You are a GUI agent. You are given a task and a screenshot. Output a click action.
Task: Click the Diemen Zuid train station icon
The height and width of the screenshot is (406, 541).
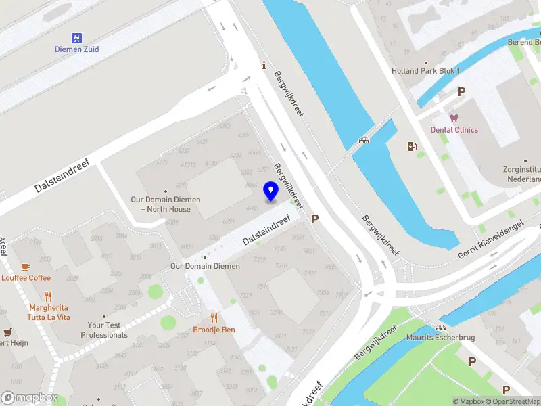[x=77, y=38]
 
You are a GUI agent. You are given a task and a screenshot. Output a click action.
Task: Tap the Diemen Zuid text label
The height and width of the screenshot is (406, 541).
[x=77, y=49]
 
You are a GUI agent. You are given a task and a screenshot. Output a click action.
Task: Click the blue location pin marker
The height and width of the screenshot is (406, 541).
[x=271, y=191]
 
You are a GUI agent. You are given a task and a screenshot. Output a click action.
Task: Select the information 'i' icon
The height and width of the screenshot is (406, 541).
[x=264, y=66]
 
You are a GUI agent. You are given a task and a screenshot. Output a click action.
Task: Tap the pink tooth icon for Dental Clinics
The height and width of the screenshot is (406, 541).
[x=454, y=118]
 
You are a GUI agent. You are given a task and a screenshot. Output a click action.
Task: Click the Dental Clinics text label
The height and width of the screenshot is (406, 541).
[x=454, y=130]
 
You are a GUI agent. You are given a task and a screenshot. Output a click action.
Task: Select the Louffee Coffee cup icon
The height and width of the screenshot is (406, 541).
[x=26, y=267]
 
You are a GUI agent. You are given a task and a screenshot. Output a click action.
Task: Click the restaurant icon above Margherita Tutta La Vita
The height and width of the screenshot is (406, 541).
[x=48, y=296]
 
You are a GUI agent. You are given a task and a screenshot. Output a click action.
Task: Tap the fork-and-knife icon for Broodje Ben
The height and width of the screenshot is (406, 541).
[x=214, y=318]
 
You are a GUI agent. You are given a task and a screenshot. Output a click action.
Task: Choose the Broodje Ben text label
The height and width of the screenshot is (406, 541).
[x=214, y=330]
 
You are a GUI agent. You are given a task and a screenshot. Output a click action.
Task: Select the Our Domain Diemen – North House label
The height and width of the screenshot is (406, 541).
[x=166, y=204]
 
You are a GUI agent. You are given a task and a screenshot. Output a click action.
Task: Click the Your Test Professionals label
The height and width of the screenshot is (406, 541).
[x=104, y=330]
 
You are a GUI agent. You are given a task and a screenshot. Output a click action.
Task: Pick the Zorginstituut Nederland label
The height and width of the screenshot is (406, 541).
[x=522, y=175]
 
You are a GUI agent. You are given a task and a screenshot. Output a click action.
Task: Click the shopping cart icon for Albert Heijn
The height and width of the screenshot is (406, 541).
[x=7, y=332]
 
